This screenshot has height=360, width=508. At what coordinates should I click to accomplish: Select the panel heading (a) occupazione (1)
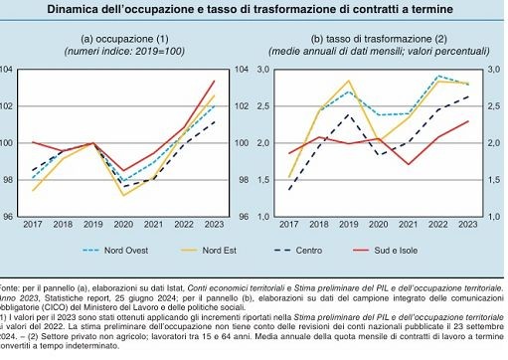124,37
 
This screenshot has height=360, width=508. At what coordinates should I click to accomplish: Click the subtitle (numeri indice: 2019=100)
124,50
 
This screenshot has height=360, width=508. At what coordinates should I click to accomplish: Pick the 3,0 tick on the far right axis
495,69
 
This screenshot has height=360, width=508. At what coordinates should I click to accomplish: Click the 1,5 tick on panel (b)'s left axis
264,180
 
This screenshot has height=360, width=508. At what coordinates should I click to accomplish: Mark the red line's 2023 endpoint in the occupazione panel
215,81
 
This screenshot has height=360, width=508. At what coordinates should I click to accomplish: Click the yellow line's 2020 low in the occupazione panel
124,195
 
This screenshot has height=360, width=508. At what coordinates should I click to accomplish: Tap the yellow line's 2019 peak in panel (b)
349,82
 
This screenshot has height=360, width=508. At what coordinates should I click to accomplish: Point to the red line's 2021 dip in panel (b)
409,164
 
